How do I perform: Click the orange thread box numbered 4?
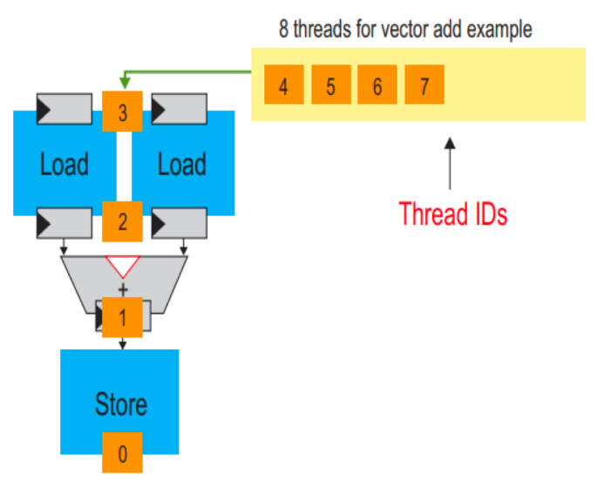[283, 85]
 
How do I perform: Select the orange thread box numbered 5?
[330, 85]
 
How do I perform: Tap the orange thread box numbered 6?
[377, 85]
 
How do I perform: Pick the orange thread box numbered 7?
[424, 85]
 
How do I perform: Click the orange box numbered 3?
[122, 111]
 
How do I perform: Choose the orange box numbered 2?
[122, 220]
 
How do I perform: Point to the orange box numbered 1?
[122, 317]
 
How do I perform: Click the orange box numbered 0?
[122, 452]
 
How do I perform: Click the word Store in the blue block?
[120, 405]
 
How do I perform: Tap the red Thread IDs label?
[452, 214]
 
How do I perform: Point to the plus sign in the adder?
[122, 288]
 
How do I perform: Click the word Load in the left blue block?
[64, 164]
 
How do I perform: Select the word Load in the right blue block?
[181, 164]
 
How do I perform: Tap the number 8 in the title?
[283, 29]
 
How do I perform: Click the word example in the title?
[499, 29]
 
